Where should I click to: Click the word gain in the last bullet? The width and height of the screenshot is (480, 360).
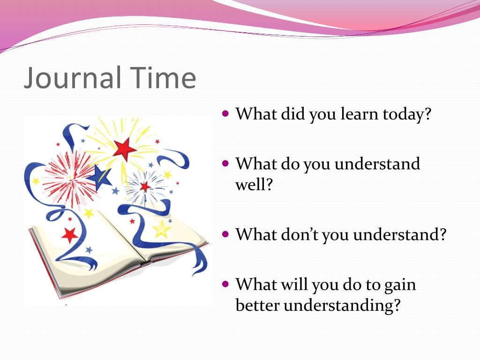(x=400, y=285)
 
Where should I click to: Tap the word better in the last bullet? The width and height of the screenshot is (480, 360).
(x=257, y=305)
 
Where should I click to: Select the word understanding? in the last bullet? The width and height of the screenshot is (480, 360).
(x=343, y=305)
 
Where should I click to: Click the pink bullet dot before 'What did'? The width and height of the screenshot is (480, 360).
(x=225, y=113)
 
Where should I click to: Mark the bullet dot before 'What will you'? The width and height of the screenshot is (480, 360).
(x=225, y=284)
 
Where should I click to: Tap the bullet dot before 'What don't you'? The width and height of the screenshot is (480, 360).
(x=225, y=233)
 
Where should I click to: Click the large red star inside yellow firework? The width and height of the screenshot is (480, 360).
(x=124, y=150)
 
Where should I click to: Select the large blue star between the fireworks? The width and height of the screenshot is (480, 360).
(x=100, y=177)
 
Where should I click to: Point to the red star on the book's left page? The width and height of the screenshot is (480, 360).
(x=70, y=234)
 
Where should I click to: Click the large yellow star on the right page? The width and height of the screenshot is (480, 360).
(x=162, y=229)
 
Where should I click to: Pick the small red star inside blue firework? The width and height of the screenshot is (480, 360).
(x=145, y=187)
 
